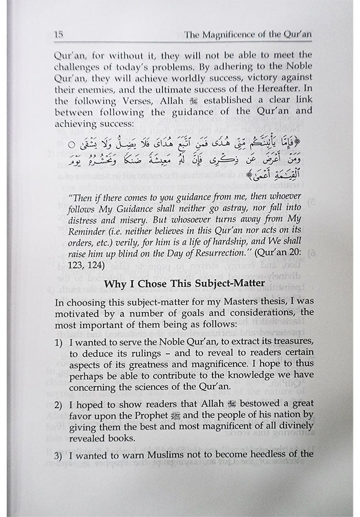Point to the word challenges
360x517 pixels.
[x=79, y=68]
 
